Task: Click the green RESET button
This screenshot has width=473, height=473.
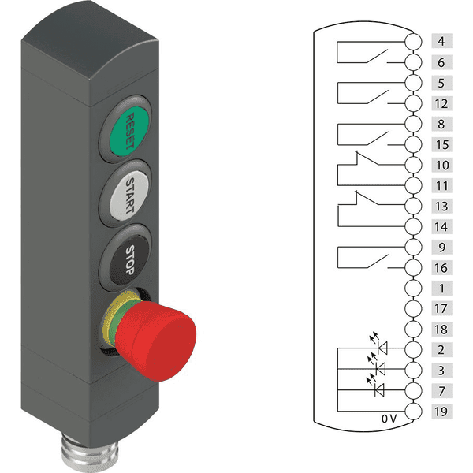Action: [x=129, y=131]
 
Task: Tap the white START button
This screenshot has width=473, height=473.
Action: [x=129, y=196]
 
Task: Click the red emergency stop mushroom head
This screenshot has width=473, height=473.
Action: [x=156, y=341]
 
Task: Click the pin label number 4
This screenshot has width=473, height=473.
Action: [x=441, y=41]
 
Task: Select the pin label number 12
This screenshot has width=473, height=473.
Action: [x=441, y=104]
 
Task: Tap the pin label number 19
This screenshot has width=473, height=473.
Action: [x=441, y=412]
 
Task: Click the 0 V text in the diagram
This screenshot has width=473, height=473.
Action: [x=389, y=419]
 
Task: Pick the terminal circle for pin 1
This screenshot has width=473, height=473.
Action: [x=413, y=288]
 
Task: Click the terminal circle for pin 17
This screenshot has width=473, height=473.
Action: [x=413, y=308]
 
